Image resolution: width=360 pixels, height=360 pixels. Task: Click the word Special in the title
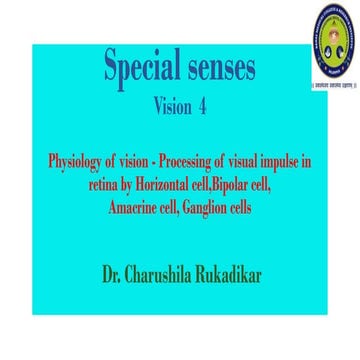137,67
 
